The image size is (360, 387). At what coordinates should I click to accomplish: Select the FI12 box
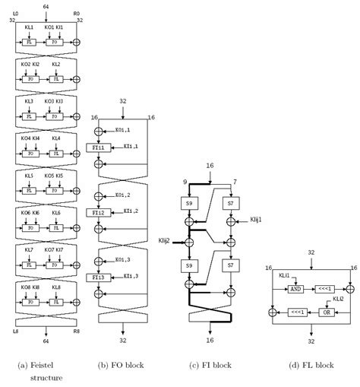98,212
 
